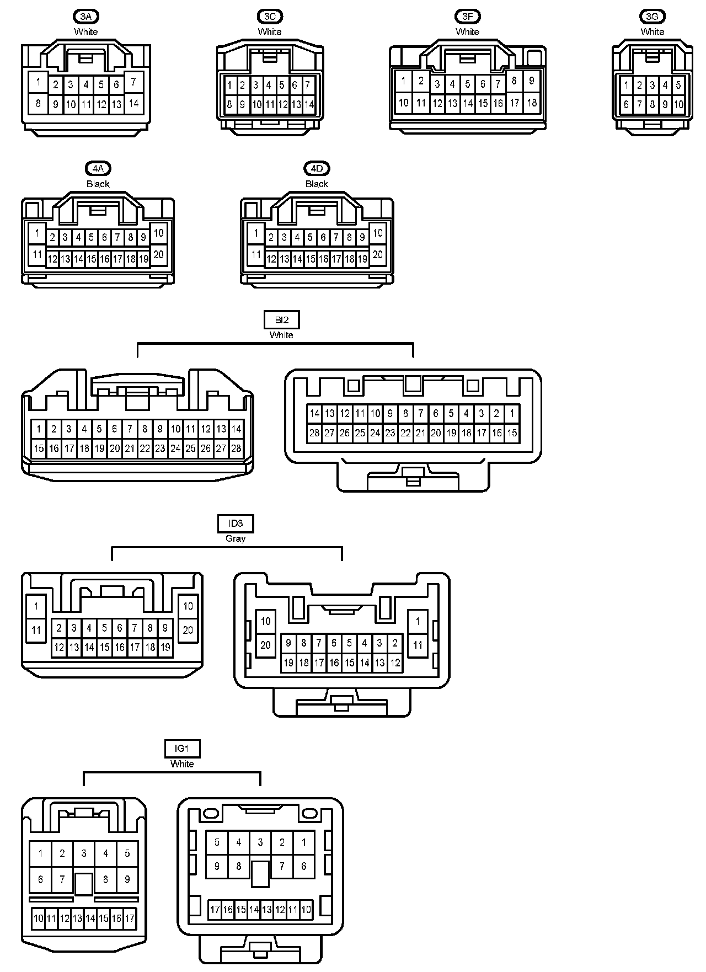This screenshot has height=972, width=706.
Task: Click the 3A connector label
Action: point(85,16)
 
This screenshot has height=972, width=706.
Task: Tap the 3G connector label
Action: point(652,16)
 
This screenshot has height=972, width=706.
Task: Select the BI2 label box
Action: point(281,320)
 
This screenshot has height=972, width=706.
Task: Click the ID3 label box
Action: point(236,524)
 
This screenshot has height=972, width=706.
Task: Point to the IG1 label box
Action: point(182,749)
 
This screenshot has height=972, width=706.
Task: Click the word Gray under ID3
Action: point(236,538)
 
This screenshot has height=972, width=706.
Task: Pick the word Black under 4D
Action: point(317,184)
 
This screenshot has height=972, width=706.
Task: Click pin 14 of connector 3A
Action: point(133,103)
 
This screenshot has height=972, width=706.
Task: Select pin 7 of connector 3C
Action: point(308,85)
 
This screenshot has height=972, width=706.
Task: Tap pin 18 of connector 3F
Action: point(532,103)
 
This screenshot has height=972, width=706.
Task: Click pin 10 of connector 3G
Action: point(678,104)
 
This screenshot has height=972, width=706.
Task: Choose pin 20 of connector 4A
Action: point(158,254)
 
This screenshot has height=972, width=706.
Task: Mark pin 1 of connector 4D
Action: point(255,233)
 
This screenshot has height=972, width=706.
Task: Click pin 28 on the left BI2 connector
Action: point(236,448)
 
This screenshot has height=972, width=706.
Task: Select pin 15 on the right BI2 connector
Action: point(512,433)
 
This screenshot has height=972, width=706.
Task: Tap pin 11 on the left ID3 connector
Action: point(36,629)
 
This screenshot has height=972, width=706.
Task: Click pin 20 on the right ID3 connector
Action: point(266,644)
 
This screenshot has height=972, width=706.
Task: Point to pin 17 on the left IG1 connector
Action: point(130,918)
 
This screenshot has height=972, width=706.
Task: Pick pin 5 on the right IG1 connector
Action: point(217,842)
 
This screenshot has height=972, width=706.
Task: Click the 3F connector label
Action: point(467,16)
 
